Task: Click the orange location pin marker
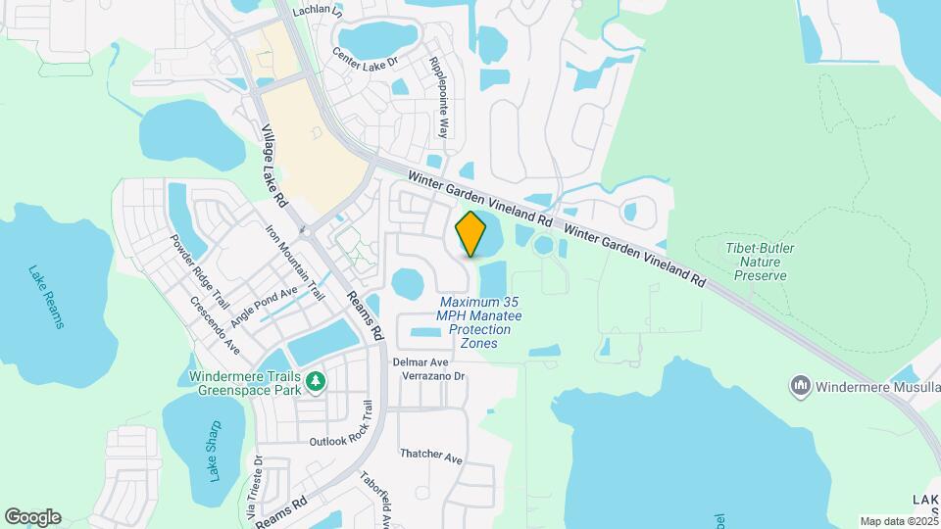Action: pos(471,233)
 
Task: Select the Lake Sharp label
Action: pos(215,451)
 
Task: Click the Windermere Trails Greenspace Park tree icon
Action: pos(315,381)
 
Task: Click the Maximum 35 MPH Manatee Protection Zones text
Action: pos(480,322)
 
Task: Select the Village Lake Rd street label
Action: pos(273,166)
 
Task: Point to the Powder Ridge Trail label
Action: pos(199,270)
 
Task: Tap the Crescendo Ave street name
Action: pos(216,324)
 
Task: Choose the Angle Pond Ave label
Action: pos(263,307)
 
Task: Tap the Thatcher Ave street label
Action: pos(431,457)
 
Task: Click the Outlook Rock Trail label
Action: pos(342,432)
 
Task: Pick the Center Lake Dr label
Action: pos(366,62)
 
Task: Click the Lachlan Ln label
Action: pos(321,13)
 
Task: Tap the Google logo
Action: pos(32,517)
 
